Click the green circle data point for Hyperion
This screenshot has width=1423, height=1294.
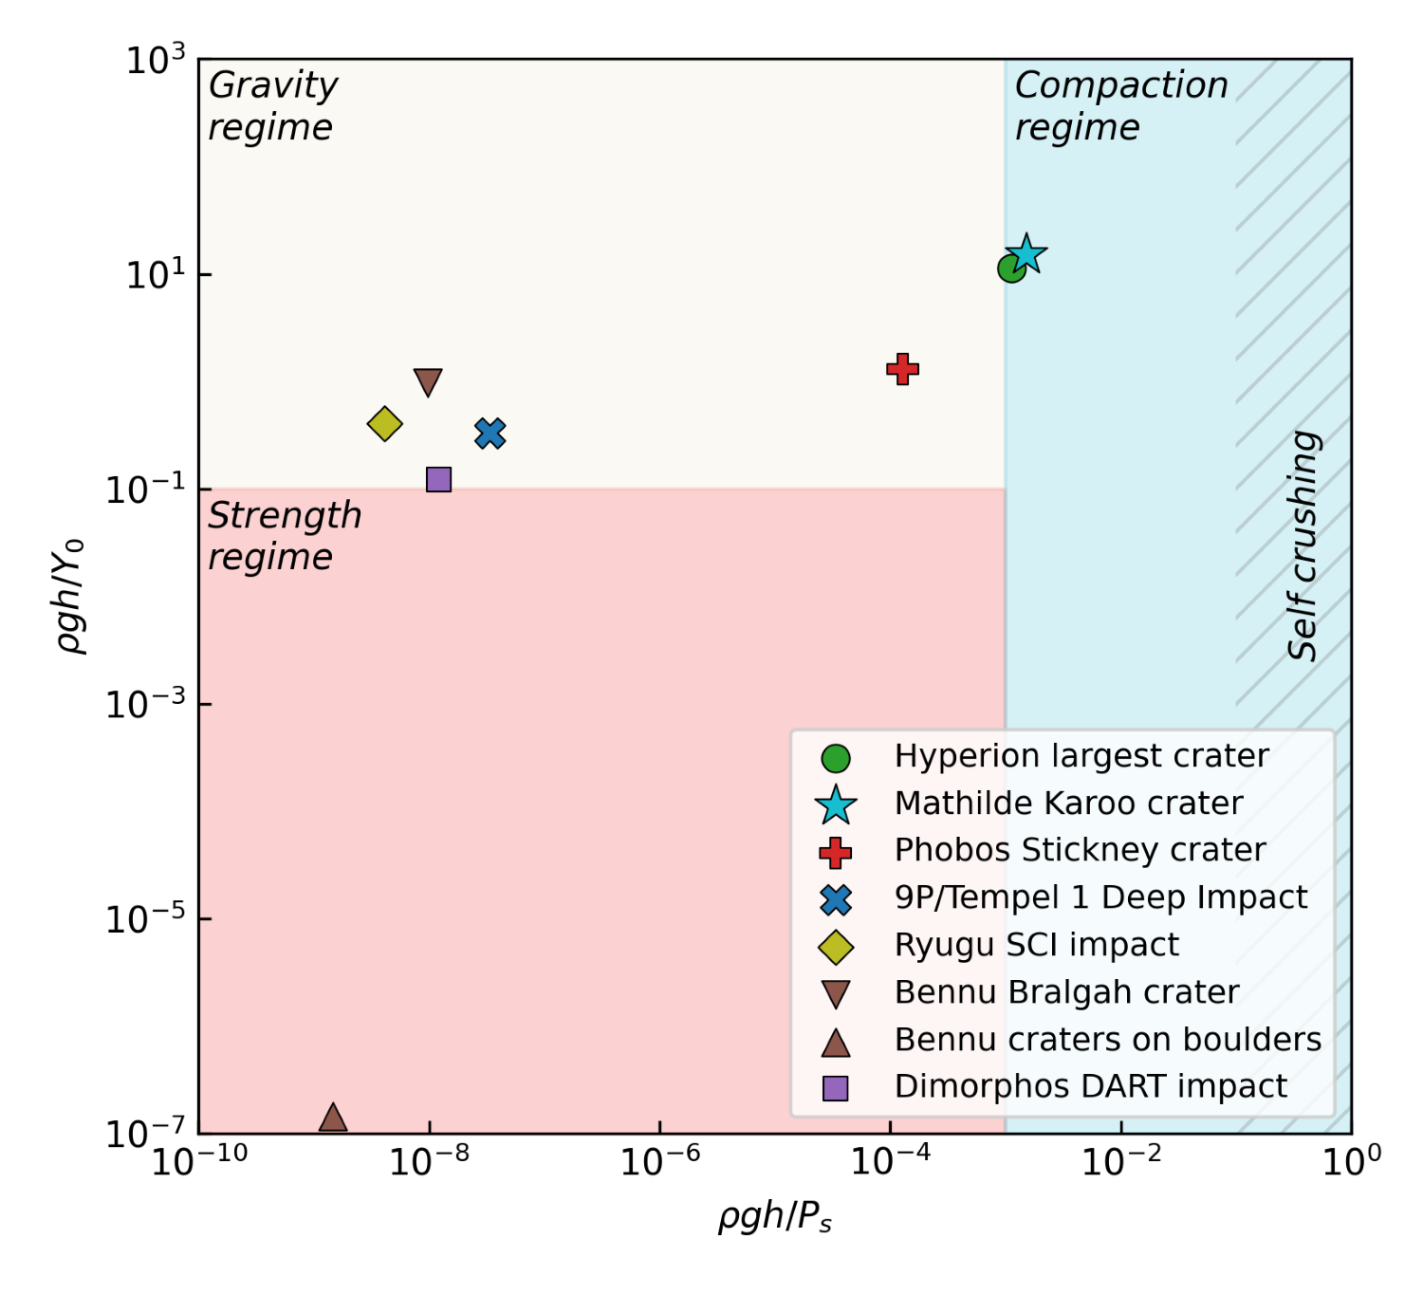pyautogui.click(x=1011, y=269)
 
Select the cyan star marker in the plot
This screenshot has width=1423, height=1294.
pyautogui.click(x=1026, y=254)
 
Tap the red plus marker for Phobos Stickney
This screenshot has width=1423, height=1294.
pyautogui.click(x=902, y=369)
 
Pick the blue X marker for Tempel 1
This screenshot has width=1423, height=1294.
pyautogui.click(x=490, y=434)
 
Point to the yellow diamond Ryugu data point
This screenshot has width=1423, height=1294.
pyautogui.click(x=384, y=423)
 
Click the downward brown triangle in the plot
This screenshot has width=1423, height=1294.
pyautogui.click(x=428, y=382)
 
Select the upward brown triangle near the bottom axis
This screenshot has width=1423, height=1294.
pyautogui.click(x=333, y=1118)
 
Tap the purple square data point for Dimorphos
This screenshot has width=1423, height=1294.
pyautogui.click(x=438, y=479)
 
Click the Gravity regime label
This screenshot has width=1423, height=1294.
pyautogui.click(x=272, y=105)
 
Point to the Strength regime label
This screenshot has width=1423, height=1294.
pyautogui.click(x=284, y=536)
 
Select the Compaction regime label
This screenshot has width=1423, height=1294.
pyautogui.click(x=1120, y=105)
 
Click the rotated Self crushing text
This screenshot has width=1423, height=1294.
pyautogui.click(x=1303, y=545)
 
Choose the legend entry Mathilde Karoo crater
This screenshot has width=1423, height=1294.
pyautogui.click(x=1068, y=804)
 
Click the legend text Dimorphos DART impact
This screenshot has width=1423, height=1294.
pyautogui.click(x=1091, y=1086)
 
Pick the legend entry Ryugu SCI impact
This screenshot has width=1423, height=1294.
pyautogui.click(x=1036, y=945)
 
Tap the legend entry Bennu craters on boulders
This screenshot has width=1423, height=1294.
pyautogui.click(x=1107, y=1040)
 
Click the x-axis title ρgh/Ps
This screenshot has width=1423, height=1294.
pyautogui.click(x=775, y=1216)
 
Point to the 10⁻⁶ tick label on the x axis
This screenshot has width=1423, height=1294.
pyautogui.click(x=659, y=1160)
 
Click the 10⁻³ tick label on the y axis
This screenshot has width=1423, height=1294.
pyautogui.click(x=145, y=704)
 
